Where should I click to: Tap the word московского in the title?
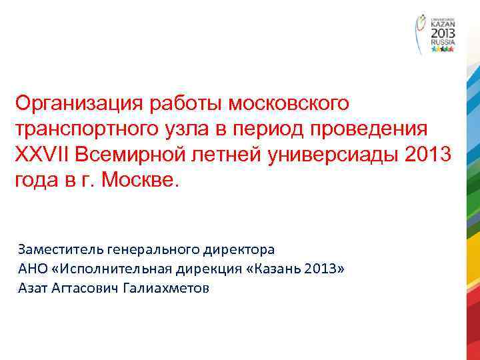pyautogui.click(x=289, y=103)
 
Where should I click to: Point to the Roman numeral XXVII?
pyautogui.click(x=42, y=154)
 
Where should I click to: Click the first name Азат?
pyautogui.click(x=32, y=289)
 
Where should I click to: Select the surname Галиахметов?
pyautogui.click(x=176, y=289)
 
